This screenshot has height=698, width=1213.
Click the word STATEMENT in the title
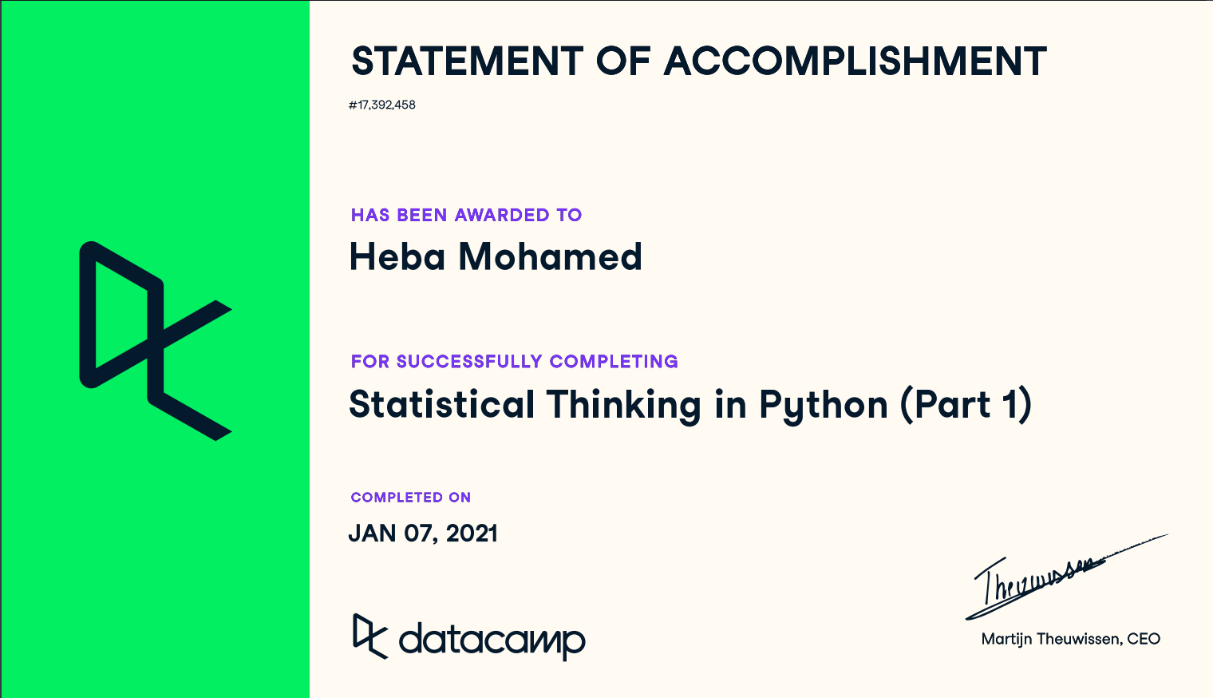pos(468,61)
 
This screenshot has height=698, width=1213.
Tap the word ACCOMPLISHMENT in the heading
pos(855,61)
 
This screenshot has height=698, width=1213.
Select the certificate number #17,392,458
pos(382,105)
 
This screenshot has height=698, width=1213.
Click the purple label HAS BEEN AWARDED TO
pos(466,215)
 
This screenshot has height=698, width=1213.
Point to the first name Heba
pos(397,256)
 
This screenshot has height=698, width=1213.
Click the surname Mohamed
pos(550,256)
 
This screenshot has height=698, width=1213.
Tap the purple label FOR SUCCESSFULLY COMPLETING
pos(515,362)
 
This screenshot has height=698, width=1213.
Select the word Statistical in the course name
pos(442,404)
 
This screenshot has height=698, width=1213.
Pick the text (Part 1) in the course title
pos(966,406)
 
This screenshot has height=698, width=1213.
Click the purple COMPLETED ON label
pos(411,498)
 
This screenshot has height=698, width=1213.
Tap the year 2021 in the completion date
pos(472,533)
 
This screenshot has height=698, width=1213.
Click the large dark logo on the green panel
pos(156,341)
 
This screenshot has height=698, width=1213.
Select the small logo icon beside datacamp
pos(370,637)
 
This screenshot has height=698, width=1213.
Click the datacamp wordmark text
pos(492,640)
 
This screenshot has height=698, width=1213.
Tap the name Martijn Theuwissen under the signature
pos(1050,640)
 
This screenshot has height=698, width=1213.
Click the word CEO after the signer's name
pos(1144,640)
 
